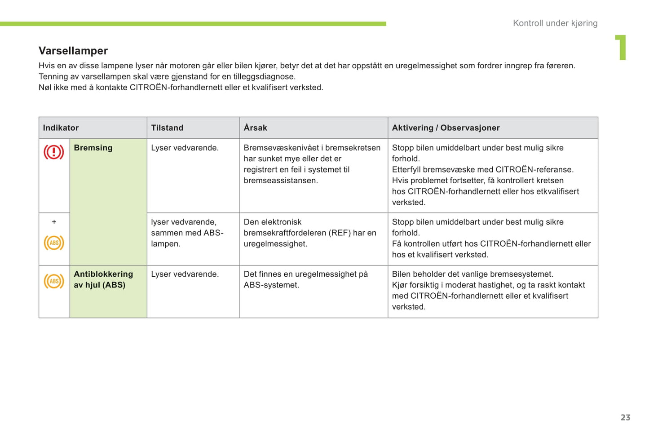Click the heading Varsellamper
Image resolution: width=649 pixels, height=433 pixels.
(73, 51)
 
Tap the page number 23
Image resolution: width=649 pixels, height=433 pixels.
(625, 417)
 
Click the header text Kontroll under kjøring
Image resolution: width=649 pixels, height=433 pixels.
(555, 23)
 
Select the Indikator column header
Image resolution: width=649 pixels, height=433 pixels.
(61, 128)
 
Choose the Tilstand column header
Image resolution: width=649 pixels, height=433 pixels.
(167, 128)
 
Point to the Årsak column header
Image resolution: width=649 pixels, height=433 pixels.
(255, 128)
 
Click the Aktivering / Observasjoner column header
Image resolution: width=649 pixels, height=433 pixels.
(446, 128)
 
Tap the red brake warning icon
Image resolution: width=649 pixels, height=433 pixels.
(54, 152)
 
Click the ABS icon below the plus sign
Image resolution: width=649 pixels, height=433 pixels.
(54, 243)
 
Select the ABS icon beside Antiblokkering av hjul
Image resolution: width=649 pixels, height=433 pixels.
(54, 282)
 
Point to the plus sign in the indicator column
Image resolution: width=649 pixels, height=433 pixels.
(54, 222)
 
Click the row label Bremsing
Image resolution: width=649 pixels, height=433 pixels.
(93, 148)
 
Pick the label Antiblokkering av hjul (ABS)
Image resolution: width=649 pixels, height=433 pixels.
(103, 279)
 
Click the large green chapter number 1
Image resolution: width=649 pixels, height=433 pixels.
(621, 47)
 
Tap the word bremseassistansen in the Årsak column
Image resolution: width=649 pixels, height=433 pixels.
(281, 181)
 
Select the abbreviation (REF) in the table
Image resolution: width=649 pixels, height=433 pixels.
(340, 233)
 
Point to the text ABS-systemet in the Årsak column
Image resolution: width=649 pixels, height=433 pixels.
(271, 285)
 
